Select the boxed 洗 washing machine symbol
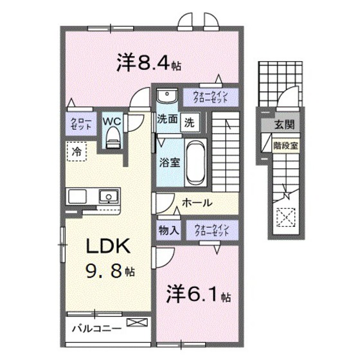(x=190, y=121)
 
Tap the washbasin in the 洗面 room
(x=166, y=97)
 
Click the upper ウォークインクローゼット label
(x=211, y=97)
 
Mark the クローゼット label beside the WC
(x=80, y=123)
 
